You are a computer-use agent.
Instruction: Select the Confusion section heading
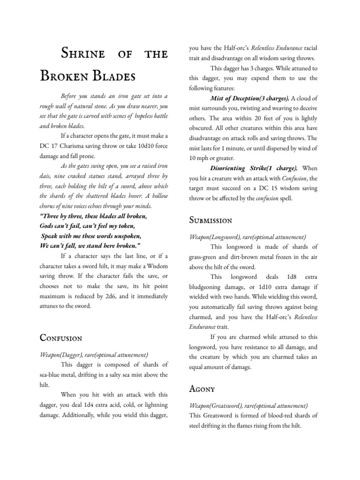coord(61,338)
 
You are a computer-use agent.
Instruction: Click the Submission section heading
coord(210,220)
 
